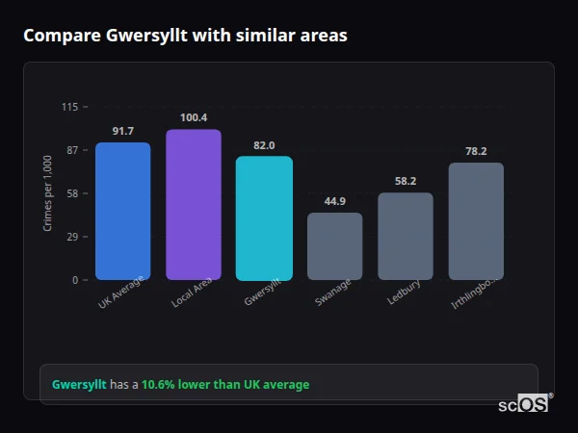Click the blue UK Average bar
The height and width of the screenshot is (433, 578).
122,211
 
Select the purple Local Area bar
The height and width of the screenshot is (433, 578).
193,204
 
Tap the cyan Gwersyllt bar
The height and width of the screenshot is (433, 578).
264,217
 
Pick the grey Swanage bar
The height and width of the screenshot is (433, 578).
334,246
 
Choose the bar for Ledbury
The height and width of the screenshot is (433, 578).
406,236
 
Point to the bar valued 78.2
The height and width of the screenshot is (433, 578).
476,221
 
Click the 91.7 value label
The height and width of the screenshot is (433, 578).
122,131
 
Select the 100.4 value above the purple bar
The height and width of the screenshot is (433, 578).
193,117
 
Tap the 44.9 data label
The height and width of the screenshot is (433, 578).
334,201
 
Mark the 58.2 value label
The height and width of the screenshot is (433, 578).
406,181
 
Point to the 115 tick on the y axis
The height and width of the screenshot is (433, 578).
69,107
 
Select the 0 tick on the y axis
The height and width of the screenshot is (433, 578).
74,280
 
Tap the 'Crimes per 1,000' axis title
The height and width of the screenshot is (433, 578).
48,193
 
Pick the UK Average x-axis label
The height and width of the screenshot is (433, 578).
120,294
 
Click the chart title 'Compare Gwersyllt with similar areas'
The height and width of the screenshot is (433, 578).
185,36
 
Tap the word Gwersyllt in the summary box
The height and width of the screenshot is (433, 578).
79,385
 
